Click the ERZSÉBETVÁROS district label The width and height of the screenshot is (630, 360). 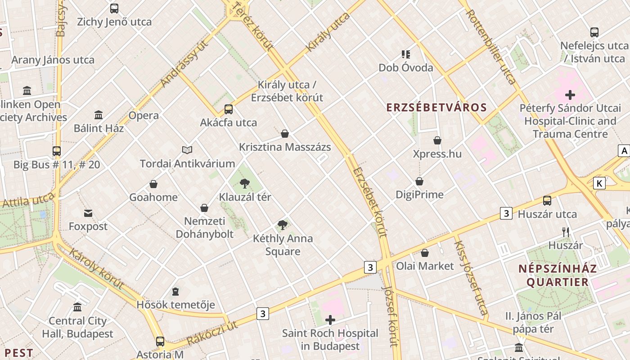tap(436, 107)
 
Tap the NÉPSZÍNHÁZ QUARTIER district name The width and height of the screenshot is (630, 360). tap(558, 275)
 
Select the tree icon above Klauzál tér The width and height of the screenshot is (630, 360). tap(245, 183)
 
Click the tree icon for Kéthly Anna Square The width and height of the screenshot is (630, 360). tap(282, 225)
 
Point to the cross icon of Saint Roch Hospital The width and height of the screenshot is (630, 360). tap(330, 320)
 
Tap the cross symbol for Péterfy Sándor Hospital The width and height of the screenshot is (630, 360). tap(570, 95)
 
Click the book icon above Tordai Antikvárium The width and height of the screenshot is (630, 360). tap(187, 150)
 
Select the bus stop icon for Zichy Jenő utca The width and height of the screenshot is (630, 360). tap(114, 8)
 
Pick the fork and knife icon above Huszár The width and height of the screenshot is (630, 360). tap(566, 232)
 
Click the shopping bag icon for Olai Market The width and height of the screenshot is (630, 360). tap(425, 253)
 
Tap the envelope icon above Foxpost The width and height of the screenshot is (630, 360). tap(88, 213)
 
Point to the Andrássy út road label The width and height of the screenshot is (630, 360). tap(185, 64)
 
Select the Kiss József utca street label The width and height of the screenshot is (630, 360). tap(471, 277)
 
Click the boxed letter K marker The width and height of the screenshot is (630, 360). tap(599, 183)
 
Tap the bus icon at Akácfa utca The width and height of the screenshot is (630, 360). tap(229, 109)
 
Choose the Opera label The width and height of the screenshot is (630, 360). tap(144, 116)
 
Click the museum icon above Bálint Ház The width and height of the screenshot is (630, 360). tap(99, 115)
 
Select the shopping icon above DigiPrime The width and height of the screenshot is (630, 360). tap(419, 181)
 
